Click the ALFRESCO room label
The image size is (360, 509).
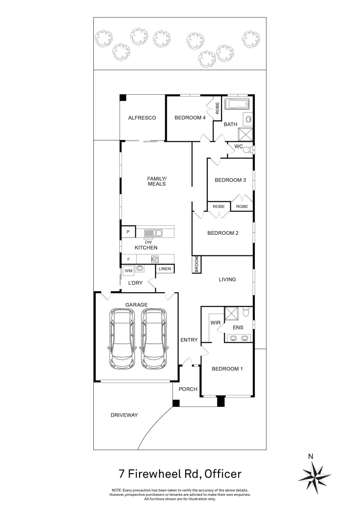(x=142, y=118)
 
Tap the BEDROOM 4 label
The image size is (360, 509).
(x=190, y=118)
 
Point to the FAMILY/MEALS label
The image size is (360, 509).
(x=157, y=181)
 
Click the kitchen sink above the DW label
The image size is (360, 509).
(x=153, y=233)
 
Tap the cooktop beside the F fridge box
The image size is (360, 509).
(x=155, y=259)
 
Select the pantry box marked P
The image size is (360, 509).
(x=128, y=232)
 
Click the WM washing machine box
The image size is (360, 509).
(x=128, y=271)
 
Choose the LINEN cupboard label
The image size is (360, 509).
(x=165, y=269)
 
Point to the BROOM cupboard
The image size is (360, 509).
(x=196, y=264)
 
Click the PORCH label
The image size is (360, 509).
(x=188, y=389)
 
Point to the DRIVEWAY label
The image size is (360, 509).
(x=124, y=415)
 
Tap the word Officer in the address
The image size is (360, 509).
(x=222, y=473)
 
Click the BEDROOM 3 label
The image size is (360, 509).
(x=230, y=180)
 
